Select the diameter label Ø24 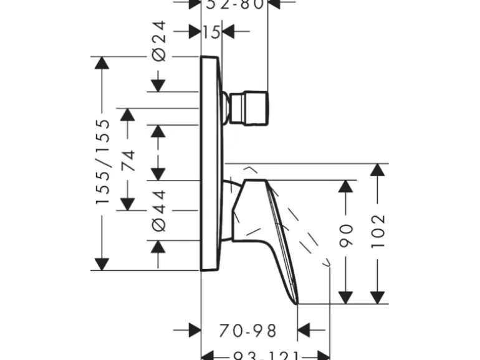(x=159, y=40)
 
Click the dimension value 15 (x=212, y=31)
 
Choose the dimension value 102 (x=378, y=230)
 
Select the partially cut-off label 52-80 (x=235, y=4)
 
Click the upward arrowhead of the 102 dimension (x=378, y=170)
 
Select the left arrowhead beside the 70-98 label (x=194, y=329)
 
